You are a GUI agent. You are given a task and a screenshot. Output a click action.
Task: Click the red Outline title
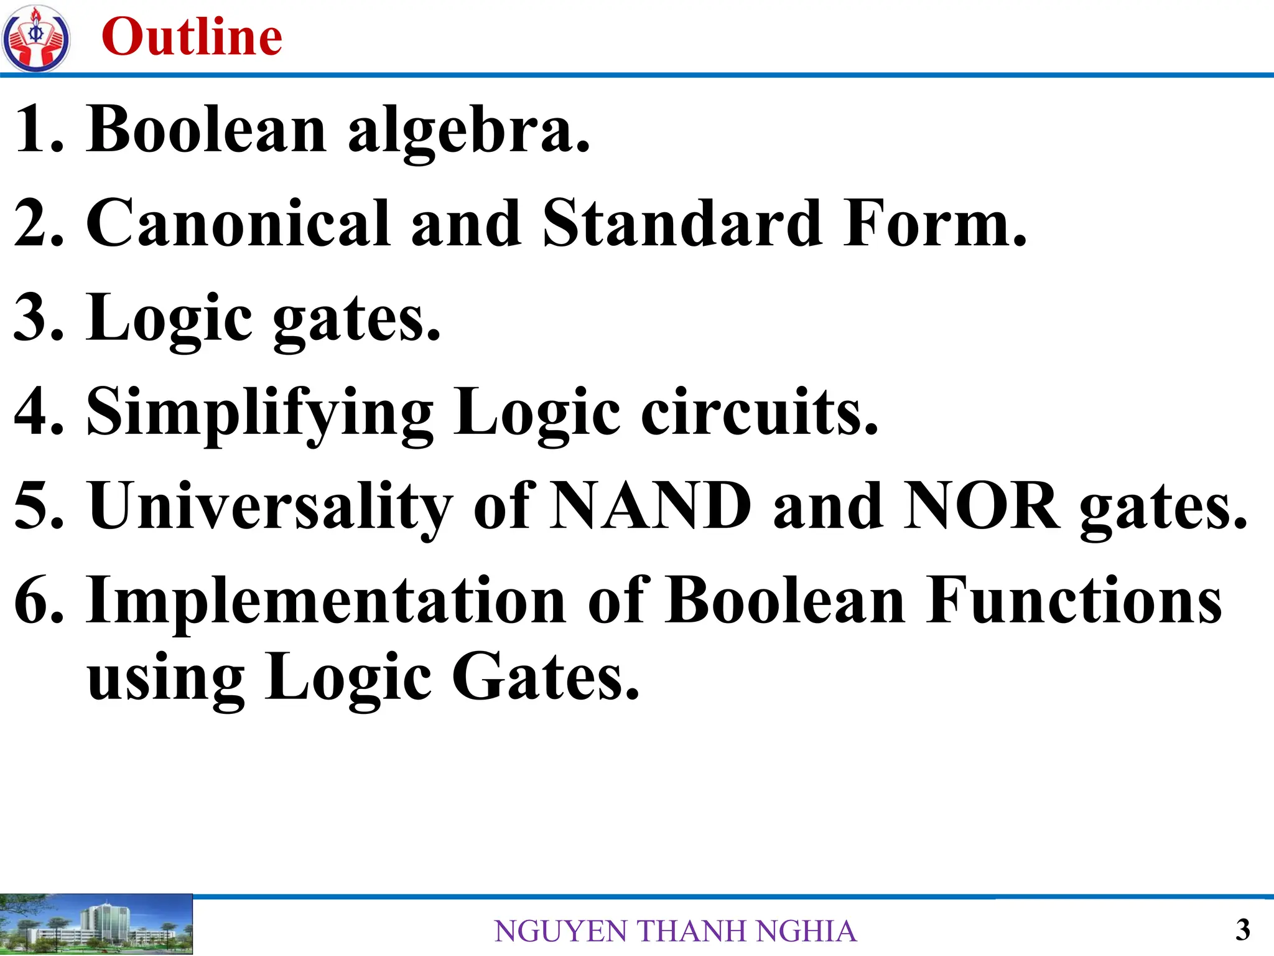(x=192, y=37)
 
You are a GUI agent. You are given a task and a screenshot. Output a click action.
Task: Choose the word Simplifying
(x=260, y=413)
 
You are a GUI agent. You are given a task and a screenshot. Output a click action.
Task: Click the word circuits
(x=759, y=412)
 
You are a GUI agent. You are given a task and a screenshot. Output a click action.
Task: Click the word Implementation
(x=326, y=600)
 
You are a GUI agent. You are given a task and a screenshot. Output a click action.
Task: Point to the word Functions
(x=1074, y=600)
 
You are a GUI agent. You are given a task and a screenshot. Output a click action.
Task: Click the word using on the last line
(x=165, y=678)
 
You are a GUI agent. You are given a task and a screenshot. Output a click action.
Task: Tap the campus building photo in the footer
(x=96, y=925)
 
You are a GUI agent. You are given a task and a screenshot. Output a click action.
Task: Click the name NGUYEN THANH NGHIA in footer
(x=676, y=931)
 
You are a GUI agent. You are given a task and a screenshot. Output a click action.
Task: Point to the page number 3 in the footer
(x=1242, y=930)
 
